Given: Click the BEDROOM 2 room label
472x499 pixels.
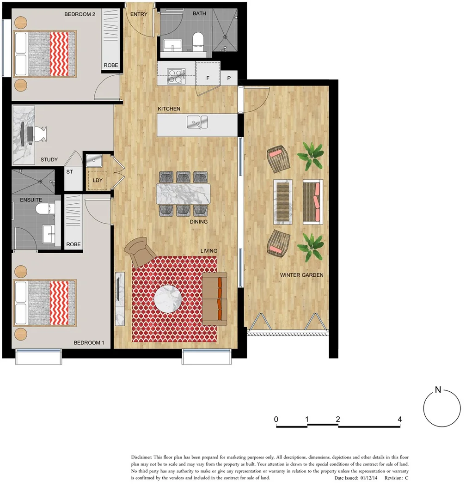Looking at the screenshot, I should pyautogui.click(x=80, y=14).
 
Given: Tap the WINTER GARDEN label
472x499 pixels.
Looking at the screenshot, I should pyautogui.click(x=301, y=275).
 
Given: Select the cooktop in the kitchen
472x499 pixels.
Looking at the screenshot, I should pyautogui.click(x=176, y=76).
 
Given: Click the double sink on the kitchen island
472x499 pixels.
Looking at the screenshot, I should pyautogui.click(x=197, y=122).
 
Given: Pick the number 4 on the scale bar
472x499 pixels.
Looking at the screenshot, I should pyautogui.click(x=399, y=420).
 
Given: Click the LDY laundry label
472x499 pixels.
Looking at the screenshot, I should pyautogui.click(x=98, y=181).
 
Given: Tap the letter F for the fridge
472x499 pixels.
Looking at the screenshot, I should pyautogui.click(x=208, y=78).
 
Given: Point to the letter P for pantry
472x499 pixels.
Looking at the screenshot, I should pyautogui.click(x=229, y=78).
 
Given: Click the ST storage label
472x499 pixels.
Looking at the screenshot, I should pyautogui.click(x=70, y=172).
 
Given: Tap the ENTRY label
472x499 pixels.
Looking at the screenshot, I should pyautogui.click(x=139, y=14).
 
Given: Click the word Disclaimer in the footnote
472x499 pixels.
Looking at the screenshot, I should pyautogui.click(x=145, y=457).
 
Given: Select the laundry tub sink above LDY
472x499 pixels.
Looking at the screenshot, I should pyautogui.click(x=94, y=161).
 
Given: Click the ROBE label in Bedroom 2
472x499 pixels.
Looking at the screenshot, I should pyautogui.click(x=110, y=66).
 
